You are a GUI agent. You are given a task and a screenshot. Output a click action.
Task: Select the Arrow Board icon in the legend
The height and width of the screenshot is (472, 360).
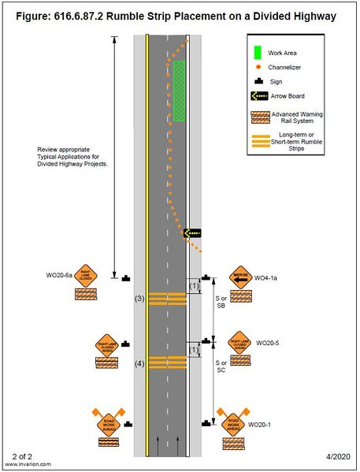259,96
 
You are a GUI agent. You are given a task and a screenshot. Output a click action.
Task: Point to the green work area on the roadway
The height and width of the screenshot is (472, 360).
179,91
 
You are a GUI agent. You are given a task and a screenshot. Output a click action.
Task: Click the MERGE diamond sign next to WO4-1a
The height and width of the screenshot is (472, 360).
240,277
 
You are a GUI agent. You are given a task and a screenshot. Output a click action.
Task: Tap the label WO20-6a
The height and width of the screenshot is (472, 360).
59,276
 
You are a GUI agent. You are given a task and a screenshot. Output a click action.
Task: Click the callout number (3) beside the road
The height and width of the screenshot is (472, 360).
139,298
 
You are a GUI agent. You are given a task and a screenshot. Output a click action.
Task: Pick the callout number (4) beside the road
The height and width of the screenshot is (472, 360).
139,363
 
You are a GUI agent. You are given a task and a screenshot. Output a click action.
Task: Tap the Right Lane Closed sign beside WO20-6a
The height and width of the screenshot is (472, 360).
85,277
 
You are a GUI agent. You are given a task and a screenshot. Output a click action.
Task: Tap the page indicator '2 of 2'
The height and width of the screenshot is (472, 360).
25,456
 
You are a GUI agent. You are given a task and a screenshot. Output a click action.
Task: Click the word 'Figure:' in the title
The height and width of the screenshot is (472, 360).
34,16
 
